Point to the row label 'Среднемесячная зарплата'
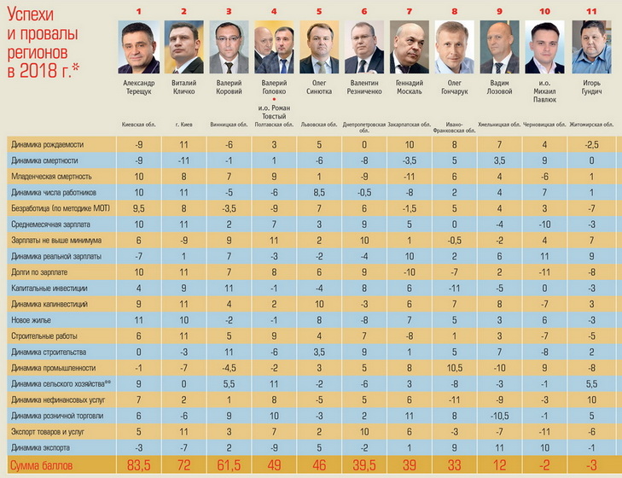pyautogui.click(x=56, y=224)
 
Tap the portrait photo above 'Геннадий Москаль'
pyautogui.click(x=410, y=49)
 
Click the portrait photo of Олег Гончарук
pyautogui.click(x=456, y=49)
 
